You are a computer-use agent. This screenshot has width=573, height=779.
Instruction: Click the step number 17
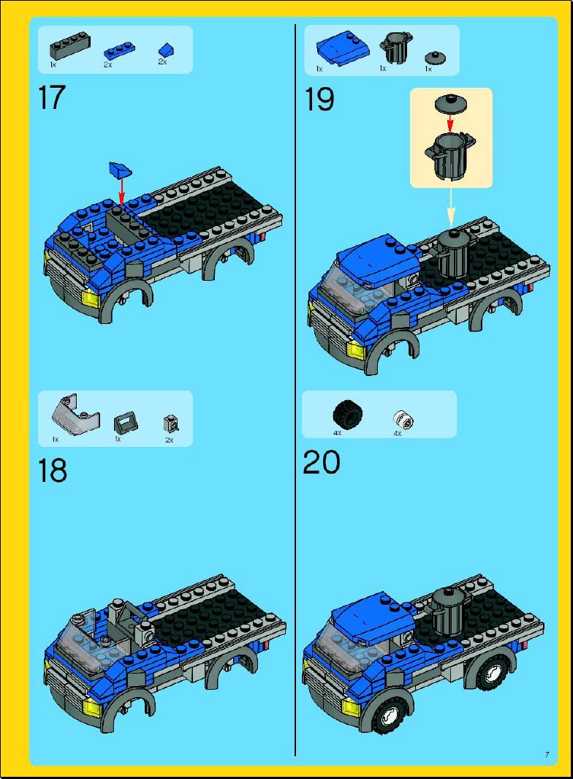pyautogui.click(x=51, y=99)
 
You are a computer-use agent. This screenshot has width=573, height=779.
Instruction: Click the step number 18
pyautogui.click(x=52, y=470)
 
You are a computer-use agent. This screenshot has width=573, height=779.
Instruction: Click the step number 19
pyautogui.click(x=319, y=99)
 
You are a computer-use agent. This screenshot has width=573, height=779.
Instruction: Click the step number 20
pyautogui.click(x=322, y=462)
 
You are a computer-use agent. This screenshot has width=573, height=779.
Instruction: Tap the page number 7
pyautogui.click(x=546, y=754)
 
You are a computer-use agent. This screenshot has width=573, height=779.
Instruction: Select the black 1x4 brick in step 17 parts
pyautogui.click(x=70, y=48)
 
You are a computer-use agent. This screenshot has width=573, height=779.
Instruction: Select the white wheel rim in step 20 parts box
pyautogui.click(x=403, y=419)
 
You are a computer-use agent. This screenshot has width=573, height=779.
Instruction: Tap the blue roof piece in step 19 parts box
pyautogui.click(x=336, y=49)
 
